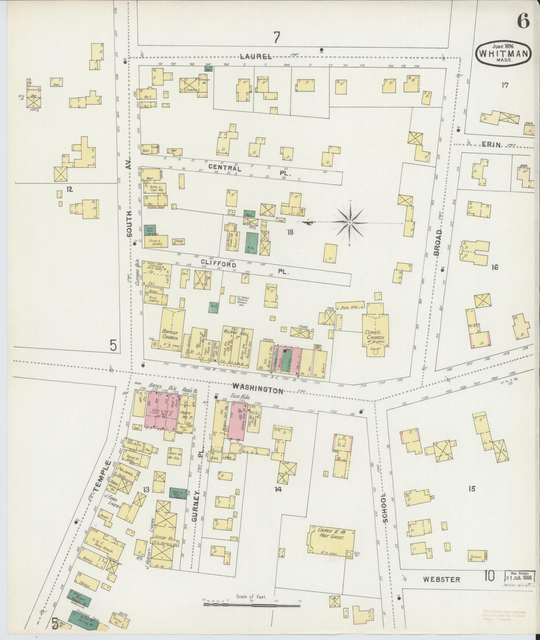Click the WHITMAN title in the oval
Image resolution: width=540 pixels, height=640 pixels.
click(x=503, y=53)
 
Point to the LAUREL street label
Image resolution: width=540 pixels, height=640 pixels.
click(x=256, y=56)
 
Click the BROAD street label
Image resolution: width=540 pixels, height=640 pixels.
click(x=438, y=242)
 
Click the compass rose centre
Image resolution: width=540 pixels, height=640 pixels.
click(x=350, y=223)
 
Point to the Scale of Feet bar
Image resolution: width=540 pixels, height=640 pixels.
click(x=252, y=604)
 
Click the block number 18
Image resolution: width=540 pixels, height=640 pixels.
click(x=290, y=232)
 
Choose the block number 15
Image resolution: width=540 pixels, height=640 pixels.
click(x=472, y=488)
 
